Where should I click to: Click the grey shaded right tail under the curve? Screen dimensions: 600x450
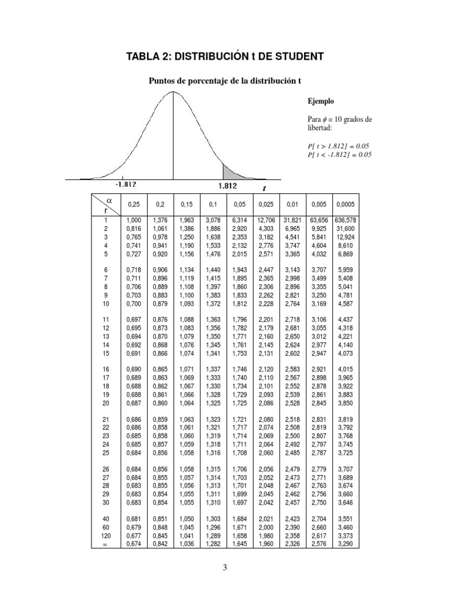[x=231, y=173]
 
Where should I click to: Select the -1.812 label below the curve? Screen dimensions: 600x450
[x=125, y=184]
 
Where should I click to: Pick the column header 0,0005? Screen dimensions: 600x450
[x=345, y=204]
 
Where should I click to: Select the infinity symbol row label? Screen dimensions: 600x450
[x=105, y=544]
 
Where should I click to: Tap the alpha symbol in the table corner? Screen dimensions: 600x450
[x=108, y=200]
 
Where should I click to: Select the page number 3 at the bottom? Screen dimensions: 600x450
[x=225, y=567]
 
